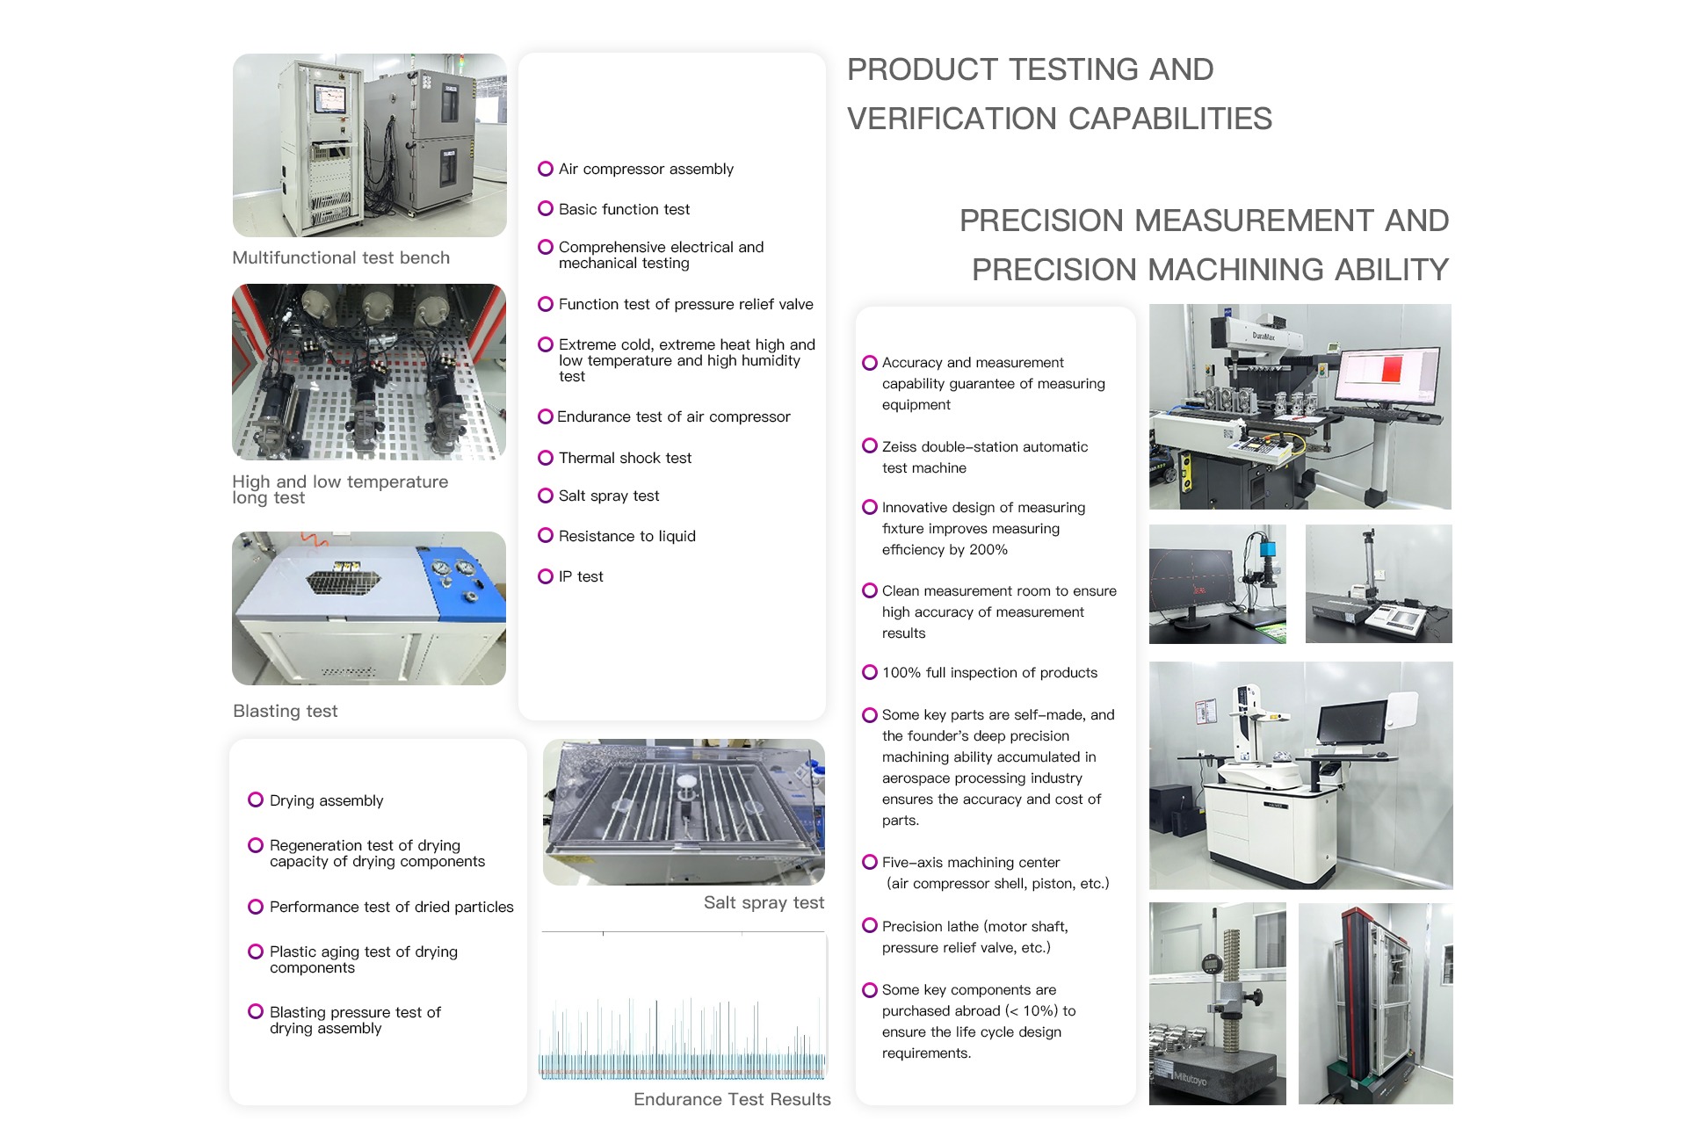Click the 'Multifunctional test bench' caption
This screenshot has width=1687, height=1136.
[341, 257]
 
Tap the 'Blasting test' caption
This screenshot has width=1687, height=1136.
[286, 711]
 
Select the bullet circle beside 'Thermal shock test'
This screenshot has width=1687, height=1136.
[546, 458]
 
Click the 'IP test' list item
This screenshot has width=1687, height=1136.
[581, 576]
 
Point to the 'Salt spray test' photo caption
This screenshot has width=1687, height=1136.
[764, 902]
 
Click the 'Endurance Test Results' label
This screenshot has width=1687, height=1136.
[732, 1099]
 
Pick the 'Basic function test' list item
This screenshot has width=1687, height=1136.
[624, 209]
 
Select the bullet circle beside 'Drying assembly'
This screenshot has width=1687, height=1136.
[256, 800]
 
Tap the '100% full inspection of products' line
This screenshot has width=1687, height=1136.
[989, 673]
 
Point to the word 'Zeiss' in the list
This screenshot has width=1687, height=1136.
[900, 447]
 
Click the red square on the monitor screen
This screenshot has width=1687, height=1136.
[1391, 368]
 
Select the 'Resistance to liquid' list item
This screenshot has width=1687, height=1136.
[626, 536]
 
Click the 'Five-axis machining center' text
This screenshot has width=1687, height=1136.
[971, 863]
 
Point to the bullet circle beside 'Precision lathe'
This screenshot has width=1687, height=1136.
[870, 925]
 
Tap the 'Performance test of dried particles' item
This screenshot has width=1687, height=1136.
[391, 907]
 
